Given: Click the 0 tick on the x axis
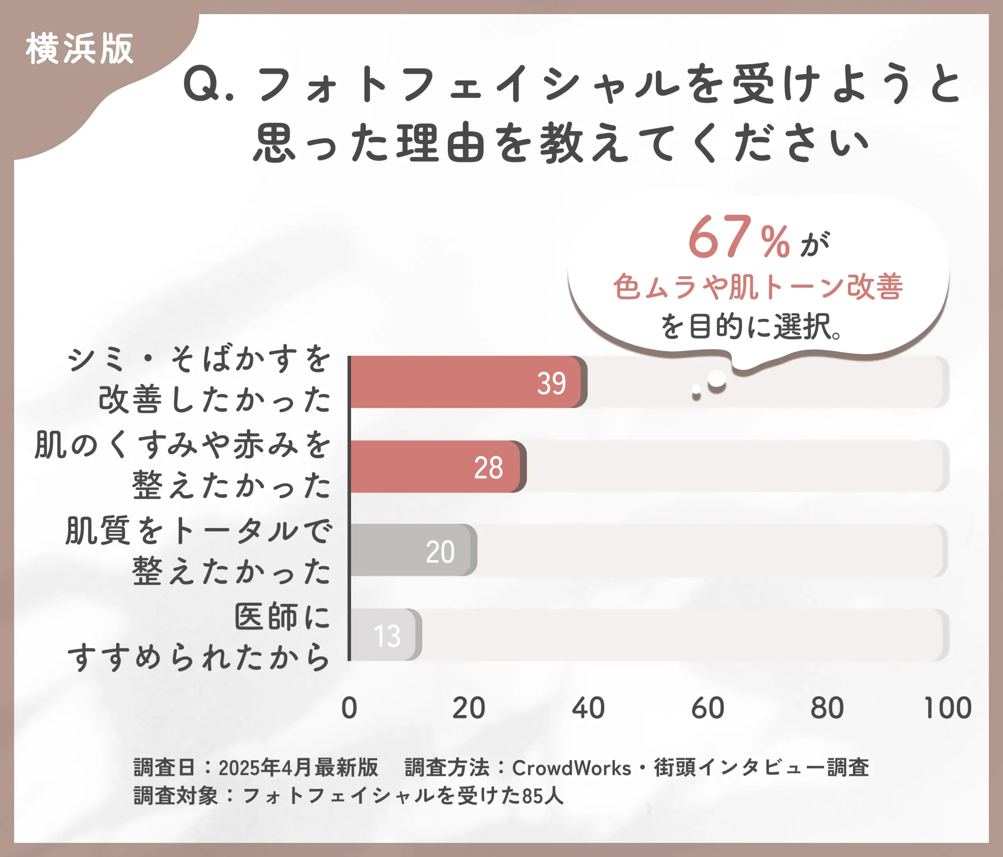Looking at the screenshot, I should (349, 708).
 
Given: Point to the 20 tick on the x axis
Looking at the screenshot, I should (469, 708).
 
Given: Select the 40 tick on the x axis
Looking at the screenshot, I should (588, 708).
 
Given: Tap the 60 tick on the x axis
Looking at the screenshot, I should (708, 708).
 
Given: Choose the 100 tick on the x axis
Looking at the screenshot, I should (947, 708).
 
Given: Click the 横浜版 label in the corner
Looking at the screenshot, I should (80, 49).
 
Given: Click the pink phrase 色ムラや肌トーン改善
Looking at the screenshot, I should (758, 287).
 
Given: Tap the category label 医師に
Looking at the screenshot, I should (282, 617).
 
